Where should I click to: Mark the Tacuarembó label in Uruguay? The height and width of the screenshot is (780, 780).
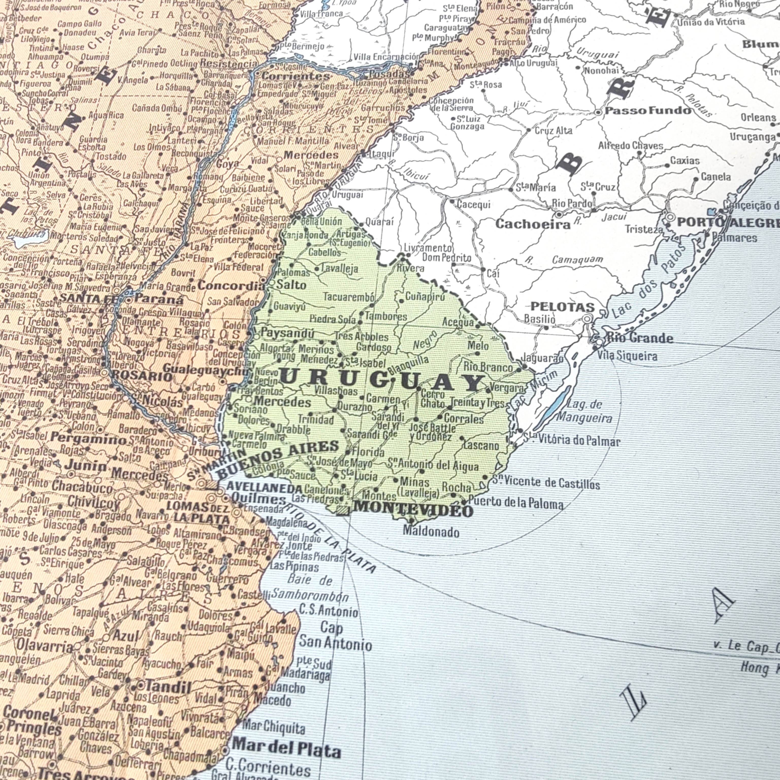[349, 297]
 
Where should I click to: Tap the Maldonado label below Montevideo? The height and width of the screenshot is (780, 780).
[431, 532]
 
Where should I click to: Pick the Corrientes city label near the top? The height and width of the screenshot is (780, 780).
[296, 75]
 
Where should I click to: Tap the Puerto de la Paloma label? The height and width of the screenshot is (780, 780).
[516, 503]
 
